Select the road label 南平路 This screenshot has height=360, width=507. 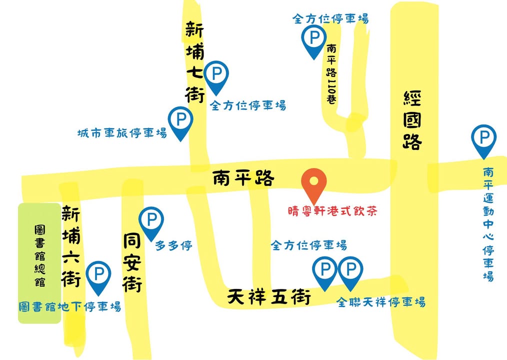pos(243,178)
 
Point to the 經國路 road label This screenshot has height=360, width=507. pos(412,120)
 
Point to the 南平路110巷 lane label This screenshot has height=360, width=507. pos(331,73)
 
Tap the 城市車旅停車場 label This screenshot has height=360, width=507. pos(122,133)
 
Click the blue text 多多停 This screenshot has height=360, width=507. pos(173,245)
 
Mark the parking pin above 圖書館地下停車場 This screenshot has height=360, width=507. pos(99,276)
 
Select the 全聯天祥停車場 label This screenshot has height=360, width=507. pos(380,302)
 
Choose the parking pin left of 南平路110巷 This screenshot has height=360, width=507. pos(314,39)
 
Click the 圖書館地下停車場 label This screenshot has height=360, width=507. pos(69,306)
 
